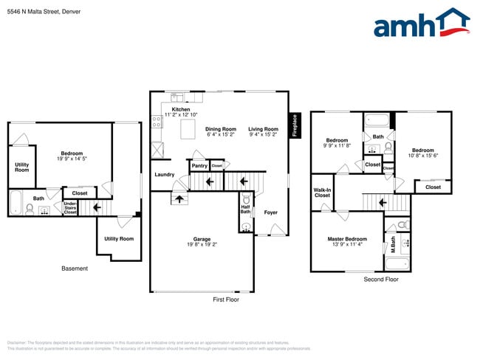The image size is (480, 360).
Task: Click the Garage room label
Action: [202, 240]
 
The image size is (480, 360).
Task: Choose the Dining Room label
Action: [220, 128]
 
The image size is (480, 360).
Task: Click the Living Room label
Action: [263, 128]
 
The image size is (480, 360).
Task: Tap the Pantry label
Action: [199, 166]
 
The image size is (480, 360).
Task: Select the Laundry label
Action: [164, 175]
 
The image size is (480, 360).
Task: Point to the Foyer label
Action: [271, 212]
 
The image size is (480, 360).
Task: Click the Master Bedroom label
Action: [347, 239]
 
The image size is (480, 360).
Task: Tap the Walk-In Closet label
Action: [322, 193]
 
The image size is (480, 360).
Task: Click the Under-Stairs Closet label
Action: [70, 208]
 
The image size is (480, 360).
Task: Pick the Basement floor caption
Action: [75, 269]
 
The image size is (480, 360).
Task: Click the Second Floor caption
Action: [381, 280]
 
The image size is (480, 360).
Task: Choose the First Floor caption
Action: [225, 300]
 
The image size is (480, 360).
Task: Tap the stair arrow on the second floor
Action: [382, 201]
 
